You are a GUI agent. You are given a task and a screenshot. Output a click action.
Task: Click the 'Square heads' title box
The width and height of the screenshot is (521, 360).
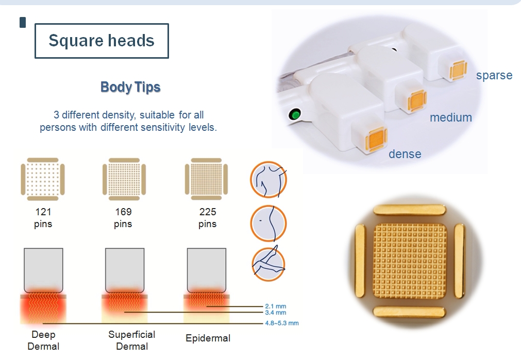tap(102, 41)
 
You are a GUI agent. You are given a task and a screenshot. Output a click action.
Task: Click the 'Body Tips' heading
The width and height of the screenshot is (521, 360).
tap(130, 87)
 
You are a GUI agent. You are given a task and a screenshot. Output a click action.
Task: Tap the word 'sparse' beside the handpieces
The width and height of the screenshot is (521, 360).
tap(494, 75)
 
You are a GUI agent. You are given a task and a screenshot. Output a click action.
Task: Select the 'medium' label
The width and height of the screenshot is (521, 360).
tap(451, 117)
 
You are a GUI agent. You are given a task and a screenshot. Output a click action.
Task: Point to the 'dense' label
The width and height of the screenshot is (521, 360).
tap(405, 154)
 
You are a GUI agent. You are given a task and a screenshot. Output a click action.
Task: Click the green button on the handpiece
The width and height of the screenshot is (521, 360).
tap(294, 114)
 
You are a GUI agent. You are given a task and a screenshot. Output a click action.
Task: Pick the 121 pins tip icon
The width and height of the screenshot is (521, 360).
tap(43, 179)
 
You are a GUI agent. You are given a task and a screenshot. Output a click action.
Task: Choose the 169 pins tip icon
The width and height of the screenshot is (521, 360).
tap(124, 179)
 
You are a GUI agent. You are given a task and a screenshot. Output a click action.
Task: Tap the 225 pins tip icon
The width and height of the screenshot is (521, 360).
tap(206, 179)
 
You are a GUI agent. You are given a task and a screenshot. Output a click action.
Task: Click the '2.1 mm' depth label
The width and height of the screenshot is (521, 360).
tap(276, 306)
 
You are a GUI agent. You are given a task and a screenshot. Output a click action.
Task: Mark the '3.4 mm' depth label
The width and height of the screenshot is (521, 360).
tap(276, 313)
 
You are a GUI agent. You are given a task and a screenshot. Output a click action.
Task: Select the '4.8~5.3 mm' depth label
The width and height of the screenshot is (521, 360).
tap(282, 323)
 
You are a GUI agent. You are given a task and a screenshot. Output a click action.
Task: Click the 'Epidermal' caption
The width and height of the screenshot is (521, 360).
tap(208, 338)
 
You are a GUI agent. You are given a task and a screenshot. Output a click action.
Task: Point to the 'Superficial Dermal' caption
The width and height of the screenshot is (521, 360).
tap(132, 340)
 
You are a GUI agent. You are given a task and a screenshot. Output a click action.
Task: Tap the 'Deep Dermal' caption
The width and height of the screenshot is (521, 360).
tap(43, 340)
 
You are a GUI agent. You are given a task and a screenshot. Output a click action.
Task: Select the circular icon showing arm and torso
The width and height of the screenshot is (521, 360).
tap(268, 179)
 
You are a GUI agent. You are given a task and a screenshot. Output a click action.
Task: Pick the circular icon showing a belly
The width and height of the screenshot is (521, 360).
tap(268, 223)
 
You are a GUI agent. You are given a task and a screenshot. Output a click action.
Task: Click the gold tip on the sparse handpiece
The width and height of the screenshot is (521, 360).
tap(458, 71)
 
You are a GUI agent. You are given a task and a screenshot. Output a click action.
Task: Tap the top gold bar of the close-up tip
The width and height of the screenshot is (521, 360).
tap(409, 210)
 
